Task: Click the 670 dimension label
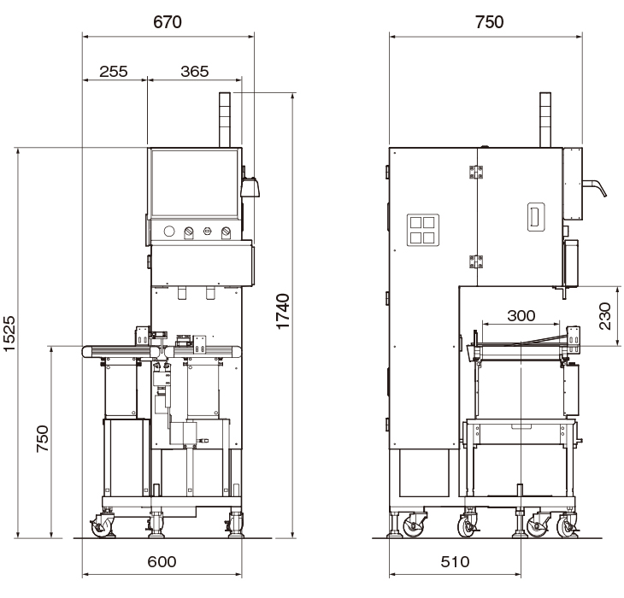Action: coord(168,22)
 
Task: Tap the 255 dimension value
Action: coord(114,72)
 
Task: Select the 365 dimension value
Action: coord(195,72)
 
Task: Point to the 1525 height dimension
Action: coord(9,333)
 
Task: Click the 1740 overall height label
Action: coord(283,312)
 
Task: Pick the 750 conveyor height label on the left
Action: coord(42,438)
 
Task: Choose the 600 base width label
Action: coord(162,562)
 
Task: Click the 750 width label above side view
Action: coord(490,22)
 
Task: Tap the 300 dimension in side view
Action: coord(521,316)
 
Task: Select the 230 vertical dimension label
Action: coord(604,316)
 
